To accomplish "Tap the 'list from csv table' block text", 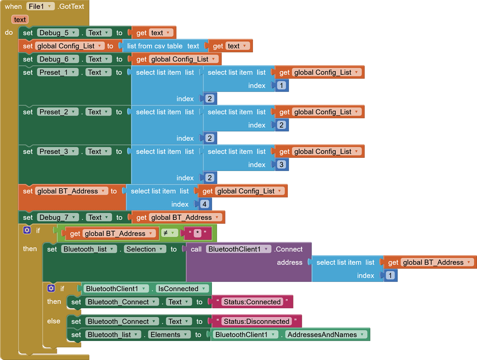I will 163,46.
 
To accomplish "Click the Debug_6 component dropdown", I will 57,59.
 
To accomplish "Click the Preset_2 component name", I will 54,112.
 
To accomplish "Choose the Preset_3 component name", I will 54,151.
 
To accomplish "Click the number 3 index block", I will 281,165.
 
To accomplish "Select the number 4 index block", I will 204,204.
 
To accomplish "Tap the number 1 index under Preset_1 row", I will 281,86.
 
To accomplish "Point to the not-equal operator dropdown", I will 169,233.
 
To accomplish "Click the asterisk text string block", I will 198,233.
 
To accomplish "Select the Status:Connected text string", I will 252,302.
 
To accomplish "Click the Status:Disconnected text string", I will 257,321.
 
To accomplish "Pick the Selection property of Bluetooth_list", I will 145,249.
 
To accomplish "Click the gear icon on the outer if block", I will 27,231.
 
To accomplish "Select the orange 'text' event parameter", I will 20,20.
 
